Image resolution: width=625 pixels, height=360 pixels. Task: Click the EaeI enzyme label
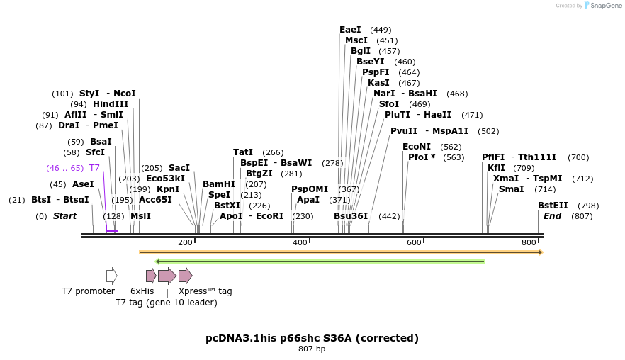click(x=350, y=30)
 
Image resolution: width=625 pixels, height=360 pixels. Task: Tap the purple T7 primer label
click(x=94, y=168)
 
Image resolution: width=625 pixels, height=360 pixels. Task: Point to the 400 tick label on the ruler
click(x=300, y=242)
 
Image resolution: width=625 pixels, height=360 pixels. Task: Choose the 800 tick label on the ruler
click(x=529, y=242)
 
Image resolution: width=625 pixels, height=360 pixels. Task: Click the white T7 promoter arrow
click(x=111, y=276)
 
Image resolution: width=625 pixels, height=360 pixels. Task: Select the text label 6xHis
click(x=142, y=291)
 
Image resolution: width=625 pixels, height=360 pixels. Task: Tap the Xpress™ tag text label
click(x=205, y=291)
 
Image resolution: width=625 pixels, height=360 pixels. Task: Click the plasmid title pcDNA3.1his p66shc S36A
click(x=312, y=338)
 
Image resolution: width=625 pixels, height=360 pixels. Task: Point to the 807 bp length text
click(x=312, y=349)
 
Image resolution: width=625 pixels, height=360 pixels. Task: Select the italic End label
click(x=552, y=216)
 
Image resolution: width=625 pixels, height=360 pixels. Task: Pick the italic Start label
click(x=64, y=216)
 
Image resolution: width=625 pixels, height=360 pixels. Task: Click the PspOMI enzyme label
click(x=310, y=189)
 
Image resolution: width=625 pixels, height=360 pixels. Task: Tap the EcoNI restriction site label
click(x=417, y=147)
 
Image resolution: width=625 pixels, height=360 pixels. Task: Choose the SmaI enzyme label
click(x=511, y=189)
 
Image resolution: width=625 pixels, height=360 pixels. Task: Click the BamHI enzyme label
click(x=219, y=184)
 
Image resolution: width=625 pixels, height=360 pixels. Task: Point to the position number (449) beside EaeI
click(x=381, y=30)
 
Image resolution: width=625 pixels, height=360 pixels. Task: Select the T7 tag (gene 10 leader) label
click(x=167, y=303)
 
